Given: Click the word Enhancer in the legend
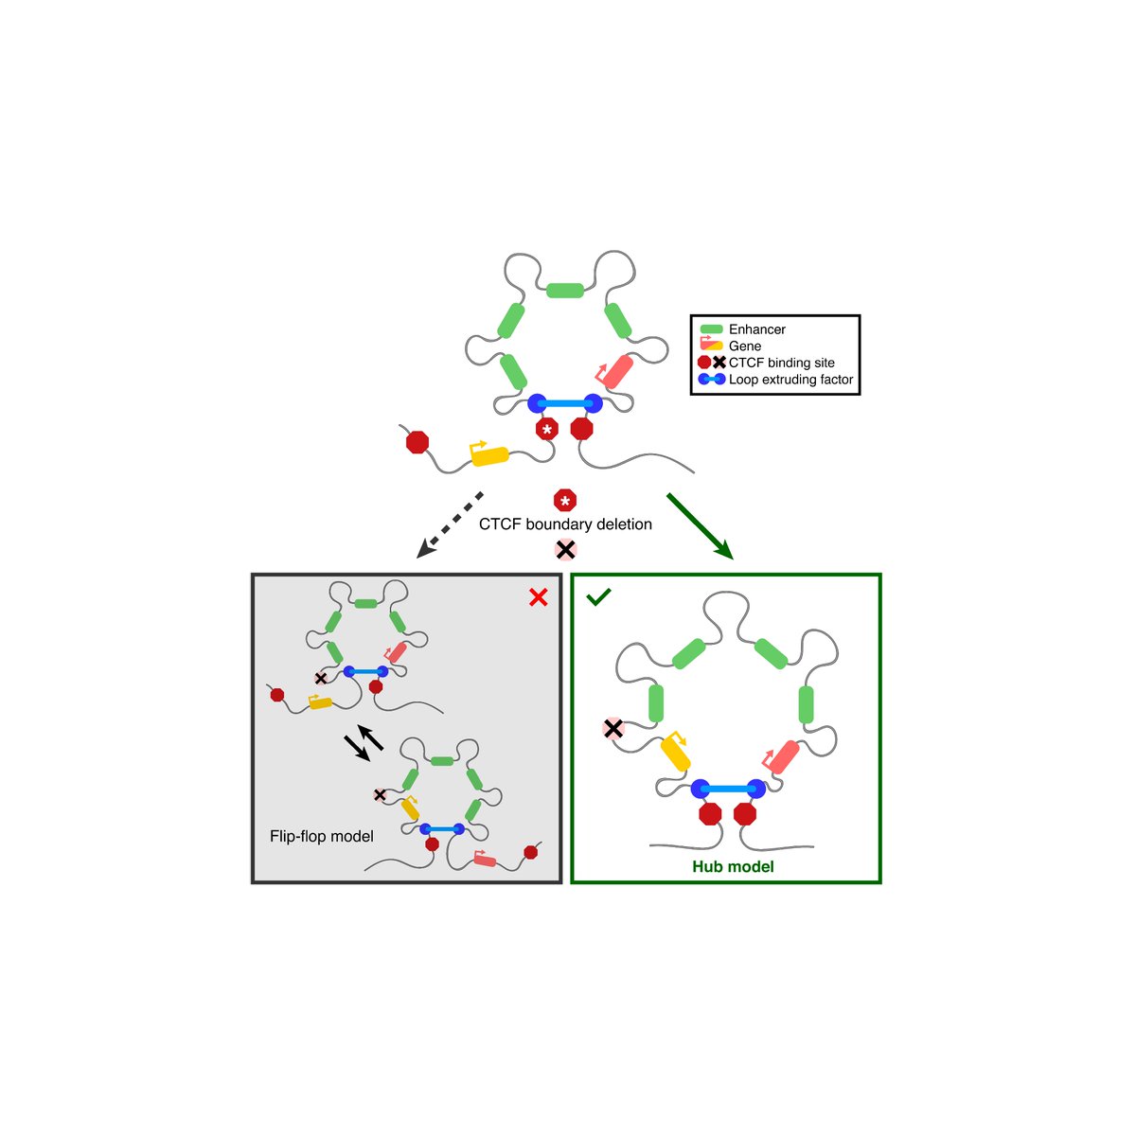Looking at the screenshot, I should point(756,329).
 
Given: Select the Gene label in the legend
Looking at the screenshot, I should point(745,346).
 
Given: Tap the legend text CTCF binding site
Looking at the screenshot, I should point(781,363).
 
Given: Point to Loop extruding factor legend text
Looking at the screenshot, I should point(790,380).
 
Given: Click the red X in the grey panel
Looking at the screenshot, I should point(539,597).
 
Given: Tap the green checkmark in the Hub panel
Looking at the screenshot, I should point(597,598).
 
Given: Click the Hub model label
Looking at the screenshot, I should point(733,866).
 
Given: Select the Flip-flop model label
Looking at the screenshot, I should point(322,837).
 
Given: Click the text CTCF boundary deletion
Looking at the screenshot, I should point(565,524).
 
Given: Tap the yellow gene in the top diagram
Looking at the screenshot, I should point(489,455).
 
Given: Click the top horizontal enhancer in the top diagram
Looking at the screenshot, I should point(565,290).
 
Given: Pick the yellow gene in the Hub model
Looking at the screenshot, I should point(675,754).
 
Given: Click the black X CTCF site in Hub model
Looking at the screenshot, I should point(613,728).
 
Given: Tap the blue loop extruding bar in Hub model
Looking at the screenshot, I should point(728,789).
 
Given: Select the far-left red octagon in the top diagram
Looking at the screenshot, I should point(417,442).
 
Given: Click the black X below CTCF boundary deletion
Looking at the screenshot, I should point(565,549).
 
